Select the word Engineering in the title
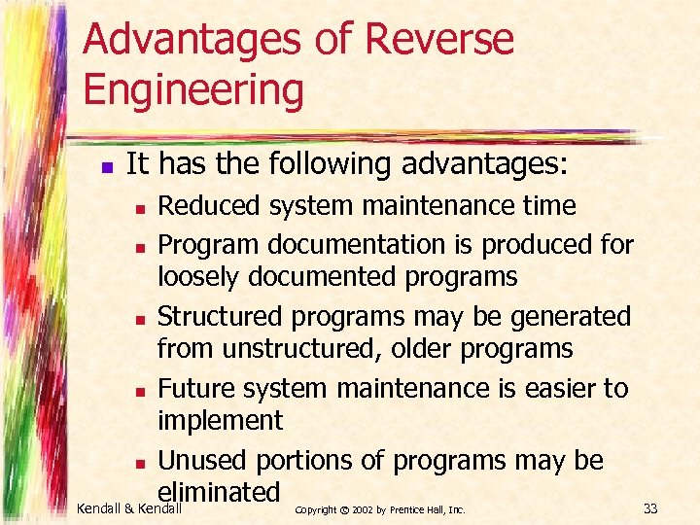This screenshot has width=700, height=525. pos(193,90)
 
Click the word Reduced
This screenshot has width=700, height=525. pos(209,206)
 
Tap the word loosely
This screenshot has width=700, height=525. pos(199,277)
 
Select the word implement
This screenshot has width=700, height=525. pos(220,421)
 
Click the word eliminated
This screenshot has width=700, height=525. pos(219,492)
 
